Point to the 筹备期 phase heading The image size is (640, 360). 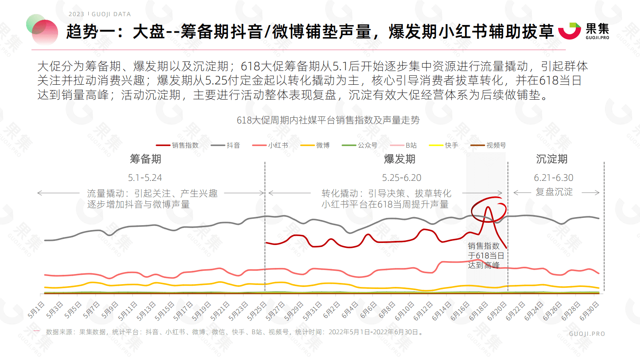coord(146,159)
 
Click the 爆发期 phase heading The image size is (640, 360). coord(400,159)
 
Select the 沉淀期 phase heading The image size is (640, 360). coord(552,159)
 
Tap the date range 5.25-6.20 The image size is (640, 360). coord(401,178)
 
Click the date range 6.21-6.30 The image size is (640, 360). coord(553,178)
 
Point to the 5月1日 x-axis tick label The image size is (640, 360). coord(36,310)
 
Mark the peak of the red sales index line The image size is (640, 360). coord(488,207)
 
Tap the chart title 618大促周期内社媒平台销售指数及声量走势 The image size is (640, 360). coord(328,120)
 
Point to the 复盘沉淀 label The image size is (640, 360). coord(554,192)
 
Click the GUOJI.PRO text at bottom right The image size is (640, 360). coord(587,334)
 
